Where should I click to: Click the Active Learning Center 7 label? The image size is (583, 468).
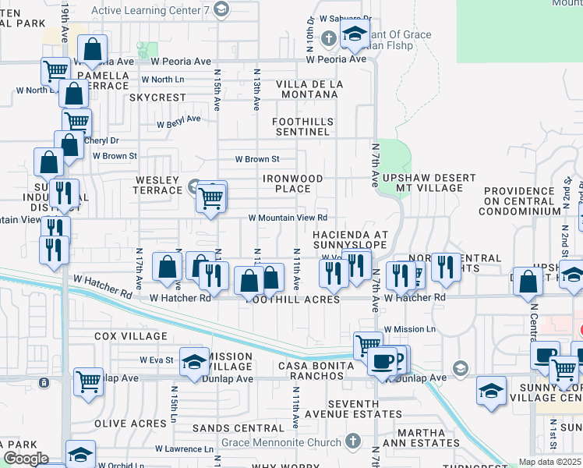point(152,10)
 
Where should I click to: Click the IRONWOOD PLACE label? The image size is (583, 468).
point(292,183)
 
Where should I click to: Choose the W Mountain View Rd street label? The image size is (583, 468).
point(288,218)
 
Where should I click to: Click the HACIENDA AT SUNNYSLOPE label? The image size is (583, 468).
point(350,239)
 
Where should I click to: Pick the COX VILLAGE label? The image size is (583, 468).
point(130,336)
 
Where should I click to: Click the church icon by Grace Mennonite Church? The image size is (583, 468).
point(355,440)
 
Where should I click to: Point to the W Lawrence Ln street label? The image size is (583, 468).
point(183,449)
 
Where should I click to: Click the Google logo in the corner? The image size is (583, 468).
point(26,459)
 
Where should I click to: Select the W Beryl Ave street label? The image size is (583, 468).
point(178,122)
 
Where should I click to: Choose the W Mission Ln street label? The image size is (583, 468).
point(409,330)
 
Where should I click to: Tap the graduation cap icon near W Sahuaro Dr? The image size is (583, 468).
point(355,35)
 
